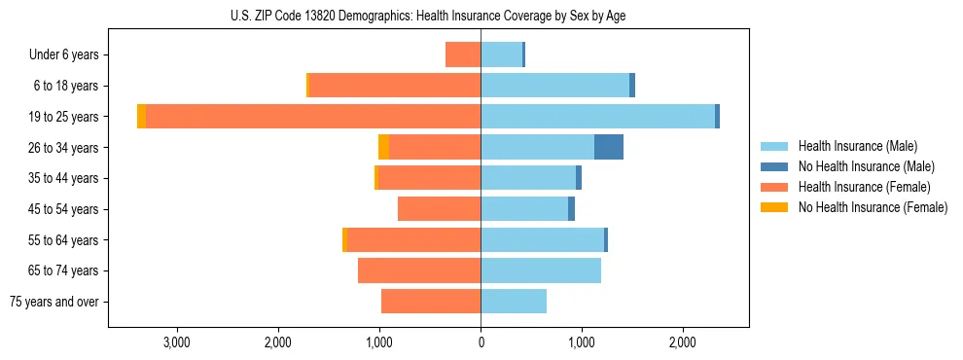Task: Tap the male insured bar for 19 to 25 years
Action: tap(597, 116)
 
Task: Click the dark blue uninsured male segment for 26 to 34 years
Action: tap(608, 147)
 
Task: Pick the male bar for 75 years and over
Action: tap(514, 302)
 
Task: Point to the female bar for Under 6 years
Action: tap(463, 54)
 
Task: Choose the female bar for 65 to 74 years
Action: tap(419, 270)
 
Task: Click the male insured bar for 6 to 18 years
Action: tap(554, 86)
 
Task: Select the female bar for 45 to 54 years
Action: tap(439, 208)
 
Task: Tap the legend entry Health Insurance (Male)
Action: tap(857, 146)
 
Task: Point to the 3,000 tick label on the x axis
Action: tap(176, 342)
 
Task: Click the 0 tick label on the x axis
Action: tap(481, 342)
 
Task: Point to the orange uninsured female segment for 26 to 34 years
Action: tap(383, 147)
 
